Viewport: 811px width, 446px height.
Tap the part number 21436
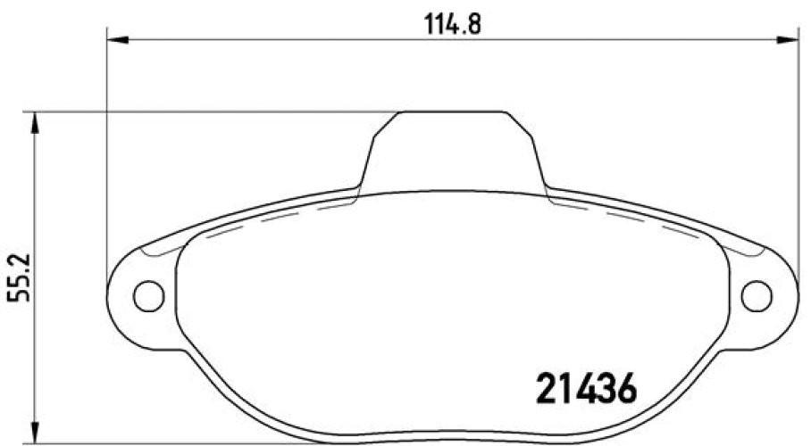pyautogui.click(x=586, y=388)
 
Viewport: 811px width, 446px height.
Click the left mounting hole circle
pyautogui.click(x=148, y=294)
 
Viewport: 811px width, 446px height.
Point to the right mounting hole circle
pyautogui.click(x=757, y=294)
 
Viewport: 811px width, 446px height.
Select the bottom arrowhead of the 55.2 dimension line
pyautogui.click(x=35, y=434)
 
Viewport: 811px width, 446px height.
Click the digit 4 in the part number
pyautogui.click(x=585, y=388)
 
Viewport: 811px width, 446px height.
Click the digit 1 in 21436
pyautogui.click(x=565, y=388)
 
